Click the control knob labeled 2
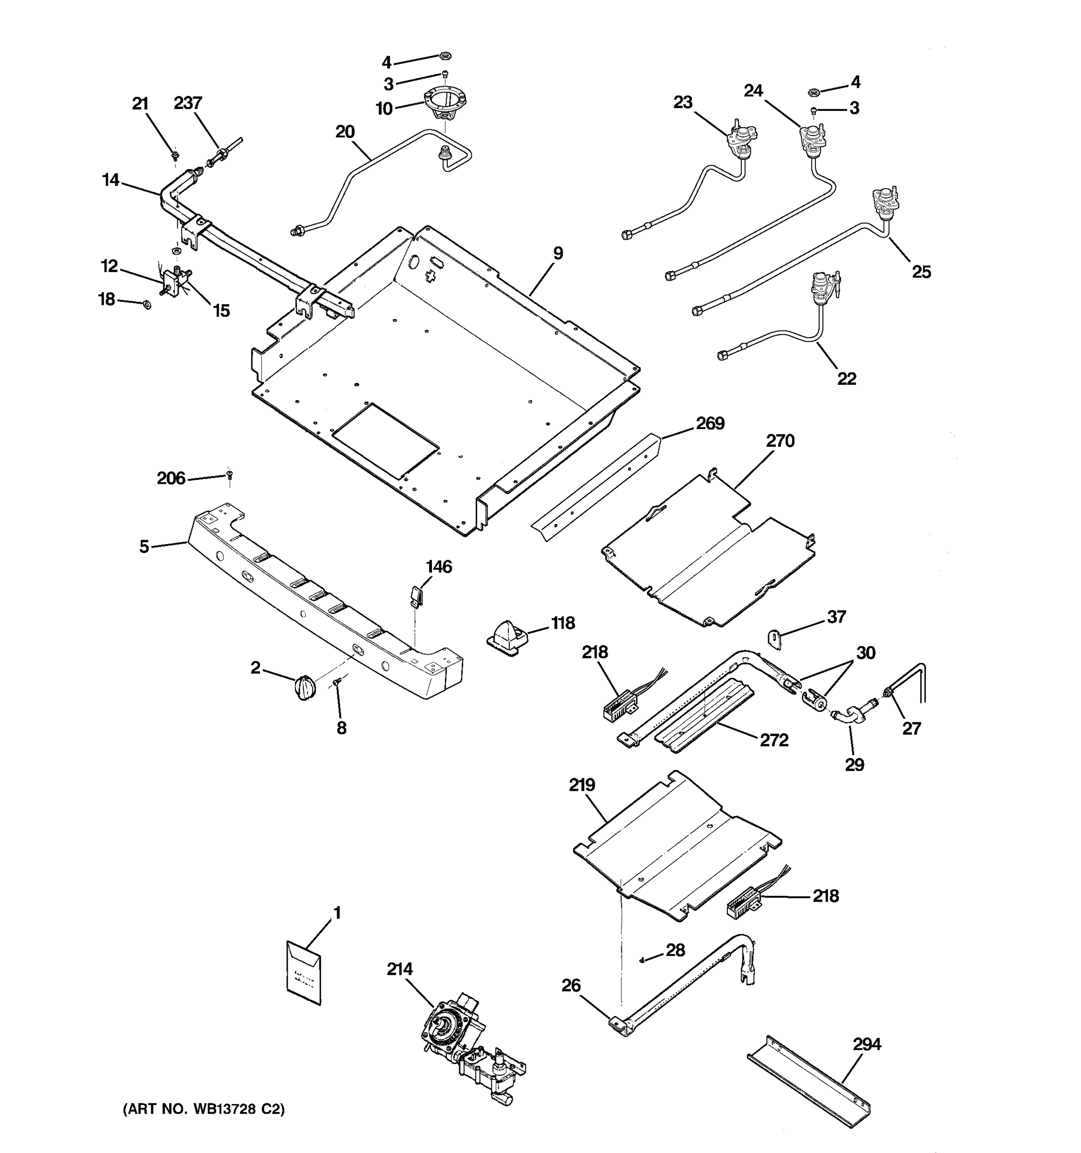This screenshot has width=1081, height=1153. coord(305,687)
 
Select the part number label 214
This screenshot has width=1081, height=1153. coord(400,969)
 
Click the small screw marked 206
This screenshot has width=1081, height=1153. coord(229,476)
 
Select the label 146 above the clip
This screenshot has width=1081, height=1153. coord(439,566)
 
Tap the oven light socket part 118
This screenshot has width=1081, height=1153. coord(507,638)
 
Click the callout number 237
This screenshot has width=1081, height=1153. coord(188,103)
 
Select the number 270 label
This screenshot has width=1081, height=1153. coord(780,441)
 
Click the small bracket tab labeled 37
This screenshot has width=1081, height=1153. coord(775,638)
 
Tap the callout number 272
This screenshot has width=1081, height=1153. coord(774,741)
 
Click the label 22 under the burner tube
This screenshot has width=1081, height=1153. coord(847,379)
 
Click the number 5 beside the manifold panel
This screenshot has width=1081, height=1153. coord(144,546)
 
